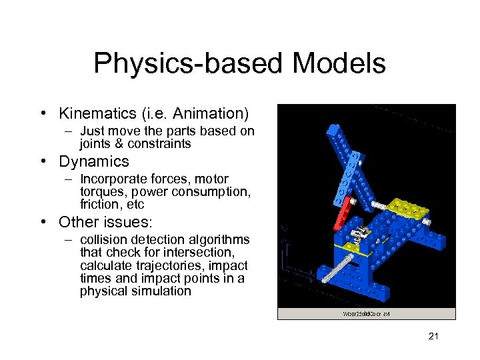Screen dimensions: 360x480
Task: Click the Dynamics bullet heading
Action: point(94,161)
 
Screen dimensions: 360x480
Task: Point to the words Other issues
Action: point(105,221)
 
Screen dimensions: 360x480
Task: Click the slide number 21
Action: point(433,337)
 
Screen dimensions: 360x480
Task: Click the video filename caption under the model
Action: point(365,313)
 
